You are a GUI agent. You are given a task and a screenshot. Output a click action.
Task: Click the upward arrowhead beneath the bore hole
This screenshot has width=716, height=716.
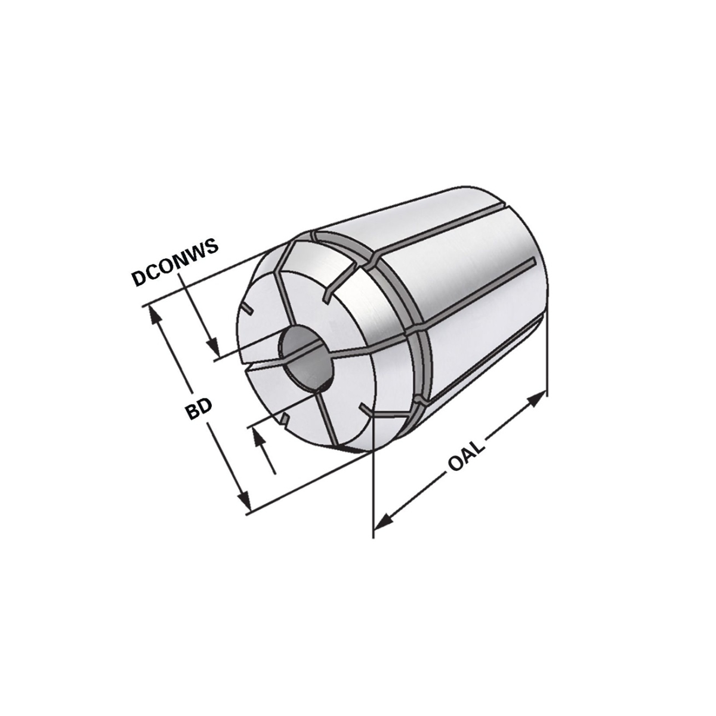(258, 439)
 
